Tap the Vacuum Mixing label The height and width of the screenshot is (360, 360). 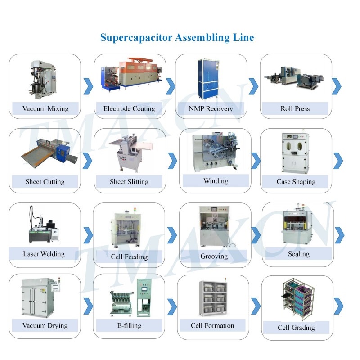point(45,108)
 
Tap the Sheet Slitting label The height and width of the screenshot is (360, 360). point(129,182)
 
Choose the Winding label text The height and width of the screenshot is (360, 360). point(216,181)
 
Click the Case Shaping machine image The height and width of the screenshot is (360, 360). point(296,153)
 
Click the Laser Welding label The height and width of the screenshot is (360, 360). point(44,254)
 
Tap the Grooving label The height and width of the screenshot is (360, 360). point(214,256)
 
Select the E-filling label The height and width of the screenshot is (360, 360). point(129,325)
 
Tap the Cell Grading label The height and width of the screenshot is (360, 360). point(296,328)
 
